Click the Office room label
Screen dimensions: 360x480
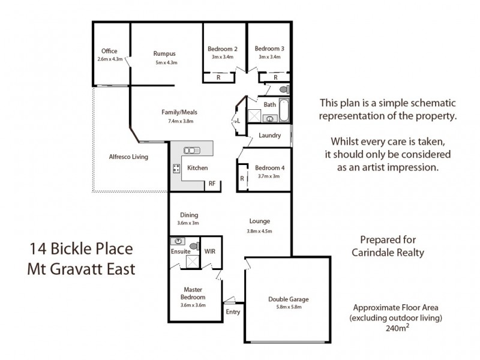tap(109, 51)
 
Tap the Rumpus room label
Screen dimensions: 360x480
tap(164, 53)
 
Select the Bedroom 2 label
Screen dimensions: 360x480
tap(223, 49)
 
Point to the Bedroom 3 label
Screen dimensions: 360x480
tap(269, 49)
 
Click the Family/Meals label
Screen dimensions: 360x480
tap(179, 112)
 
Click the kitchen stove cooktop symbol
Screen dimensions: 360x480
tap(177, 169)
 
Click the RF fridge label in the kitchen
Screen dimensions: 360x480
tap(212, 184)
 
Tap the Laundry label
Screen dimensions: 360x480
tap(270, 135)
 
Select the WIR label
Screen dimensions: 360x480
tap(211, 251)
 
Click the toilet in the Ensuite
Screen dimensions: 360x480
tap(193, 245)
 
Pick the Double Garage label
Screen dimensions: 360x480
tap(288, 299)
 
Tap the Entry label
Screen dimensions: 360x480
tap(233, 311)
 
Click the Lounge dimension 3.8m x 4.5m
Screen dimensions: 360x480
tap(259, 230)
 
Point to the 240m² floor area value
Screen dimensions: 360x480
tap(398, 328)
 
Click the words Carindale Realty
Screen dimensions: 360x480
tap(388, 253)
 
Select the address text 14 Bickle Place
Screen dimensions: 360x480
tap(82, 248)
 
